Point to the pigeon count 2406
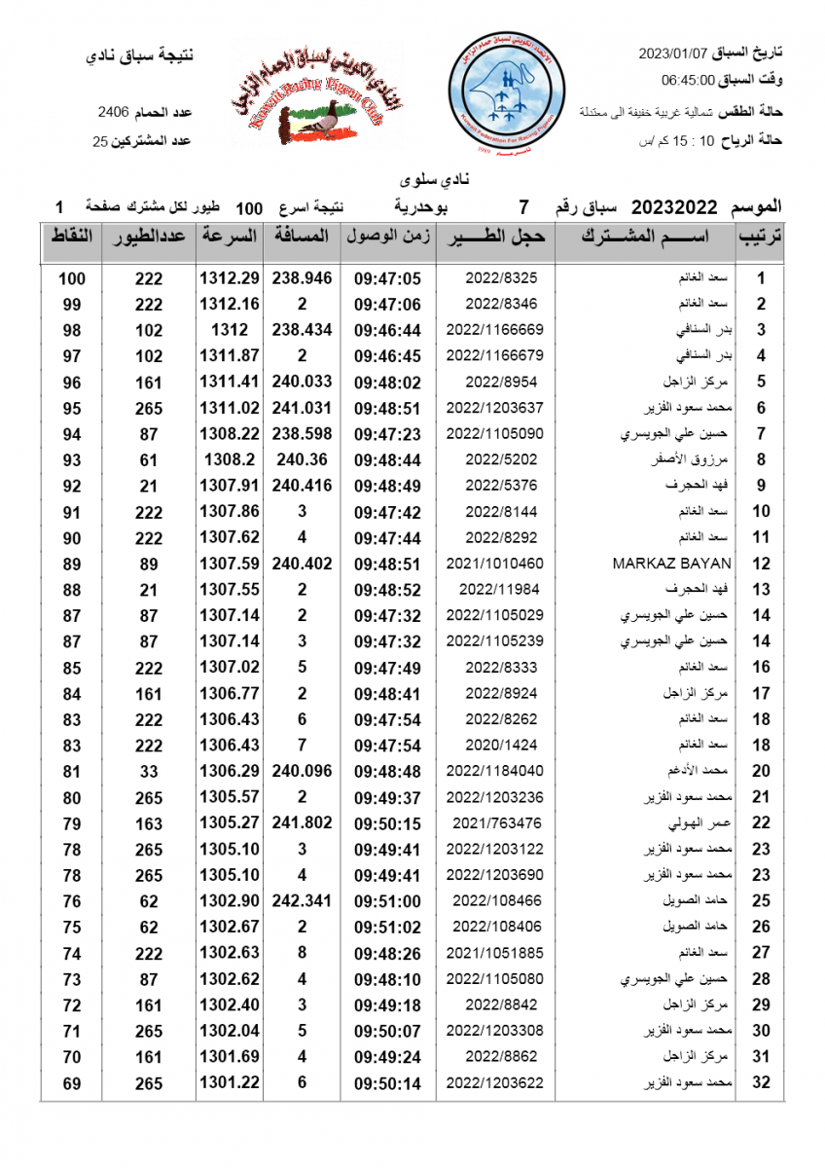[114, 113]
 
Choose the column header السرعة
[230, 237]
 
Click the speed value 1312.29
[230, 278]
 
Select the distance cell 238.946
[303, 278]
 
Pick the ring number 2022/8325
[501, 278]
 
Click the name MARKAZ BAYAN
[671, 564]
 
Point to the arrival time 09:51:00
[386, 901]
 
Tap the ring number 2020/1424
[501, 746]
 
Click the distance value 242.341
[303, 901]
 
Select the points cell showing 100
[72, 278]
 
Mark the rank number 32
[762, 1083]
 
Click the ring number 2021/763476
[495, 823]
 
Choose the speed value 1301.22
[230, 1083]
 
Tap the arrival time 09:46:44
[386, 330]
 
